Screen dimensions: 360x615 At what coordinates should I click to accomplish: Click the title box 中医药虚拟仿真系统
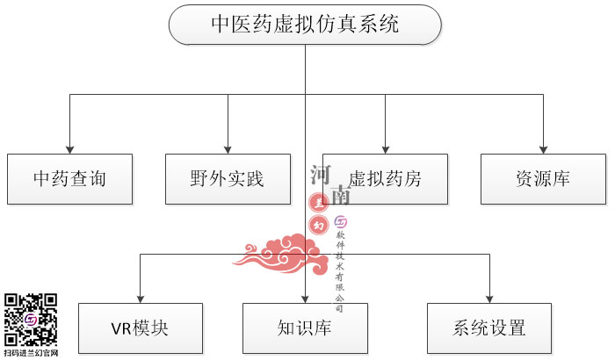point(305,25)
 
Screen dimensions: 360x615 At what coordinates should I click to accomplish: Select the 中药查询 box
point(69,179)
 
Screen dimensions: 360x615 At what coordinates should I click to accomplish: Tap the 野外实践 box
point(228,179)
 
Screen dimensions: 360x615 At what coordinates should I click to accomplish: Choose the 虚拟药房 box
point(385,179)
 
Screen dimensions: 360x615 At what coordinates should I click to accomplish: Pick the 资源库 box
point(543,179)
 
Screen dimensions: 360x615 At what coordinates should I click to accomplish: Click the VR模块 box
point(140,328)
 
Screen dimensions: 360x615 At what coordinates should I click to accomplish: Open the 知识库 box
point(305,328)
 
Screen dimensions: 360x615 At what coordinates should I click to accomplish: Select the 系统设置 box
point(489,328)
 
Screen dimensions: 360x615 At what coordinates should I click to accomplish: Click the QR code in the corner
point(31,319)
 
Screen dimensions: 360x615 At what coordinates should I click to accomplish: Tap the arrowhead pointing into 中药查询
point(69,148)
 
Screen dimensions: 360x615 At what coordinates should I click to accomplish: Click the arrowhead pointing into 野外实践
point(228,148)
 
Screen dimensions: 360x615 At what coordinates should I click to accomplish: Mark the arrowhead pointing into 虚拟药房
point(385,148)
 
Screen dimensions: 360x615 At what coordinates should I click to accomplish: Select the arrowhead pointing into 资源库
point(543,148)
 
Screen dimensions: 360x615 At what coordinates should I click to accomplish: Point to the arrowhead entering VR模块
point(140,298)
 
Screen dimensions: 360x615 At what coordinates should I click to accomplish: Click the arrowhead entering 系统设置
point(489,298)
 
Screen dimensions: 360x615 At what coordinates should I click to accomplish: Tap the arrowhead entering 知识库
point(305,298)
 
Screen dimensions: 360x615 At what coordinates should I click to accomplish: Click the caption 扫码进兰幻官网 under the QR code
point(31,353)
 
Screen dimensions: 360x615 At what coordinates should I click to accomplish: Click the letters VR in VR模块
point(121,329)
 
